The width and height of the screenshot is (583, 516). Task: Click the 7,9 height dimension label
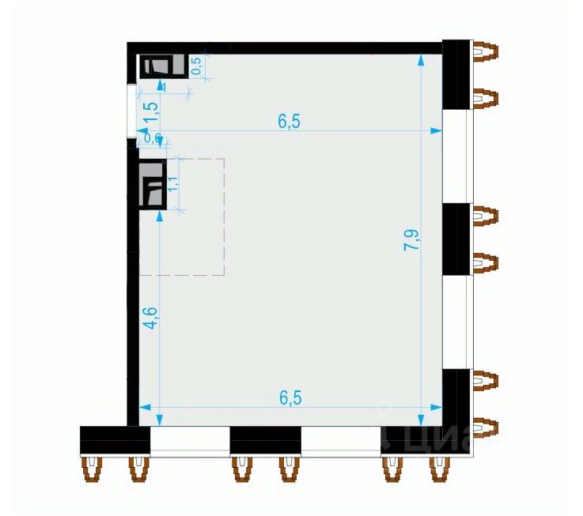(x=411, y=239)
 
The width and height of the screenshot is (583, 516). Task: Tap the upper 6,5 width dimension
(x=290, y=121)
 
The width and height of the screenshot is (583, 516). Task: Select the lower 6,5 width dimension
(x=290, y=397)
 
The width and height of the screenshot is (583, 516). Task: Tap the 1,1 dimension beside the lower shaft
(x=173, y=185)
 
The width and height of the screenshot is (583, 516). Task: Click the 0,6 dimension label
(x=152, y=139)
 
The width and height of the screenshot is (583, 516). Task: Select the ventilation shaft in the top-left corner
(x=163, y=66)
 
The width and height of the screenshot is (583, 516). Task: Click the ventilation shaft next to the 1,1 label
(x=152, y=186)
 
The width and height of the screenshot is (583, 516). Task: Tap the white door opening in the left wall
(x=132, y=110)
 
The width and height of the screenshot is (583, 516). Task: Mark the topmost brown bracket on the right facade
(x=485, y=52)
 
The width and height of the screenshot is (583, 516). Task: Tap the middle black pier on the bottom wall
(x=266, y=439)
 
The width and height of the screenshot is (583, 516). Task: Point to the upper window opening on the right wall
(x=456, y=156)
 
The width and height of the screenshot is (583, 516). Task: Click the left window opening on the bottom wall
(x=190, y=439)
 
